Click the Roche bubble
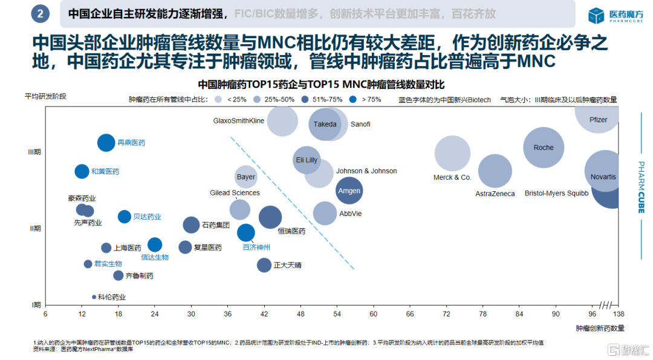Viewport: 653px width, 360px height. click(x=544, y=148)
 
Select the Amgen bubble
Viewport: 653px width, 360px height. click(x=349, y=191)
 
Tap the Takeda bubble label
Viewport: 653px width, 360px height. click(x=325, y=125)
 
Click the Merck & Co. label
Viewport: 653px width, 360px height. click(x=452, y=177)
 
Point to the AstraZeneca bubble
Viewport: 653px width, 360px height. click(x=495, y=171)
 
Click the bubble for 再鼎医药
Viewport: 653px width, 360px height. click(x=106, y=143)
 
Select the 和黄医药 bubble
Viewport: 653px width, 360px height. click(x=82, y=171)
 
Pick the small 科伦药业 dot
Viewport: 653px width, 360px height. click(x=94, y=297)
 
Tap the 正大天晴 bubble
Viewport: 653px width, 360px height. click(x=264, y=265)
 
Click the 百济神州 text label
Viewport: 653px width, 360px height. click(x=256, y=247)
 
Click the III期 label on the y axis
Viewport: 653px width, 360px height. click(x=34, y=152)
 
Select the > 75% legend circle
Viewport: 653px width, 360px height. click(x=354, y=99)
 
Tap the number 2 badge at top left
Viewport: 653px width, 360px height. click(x=40, y=13)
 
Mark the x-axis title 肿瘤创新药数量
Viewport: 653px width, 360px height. click(x=600, y=328)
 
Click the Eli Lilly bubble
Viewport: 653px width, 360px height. click(x=307, y=160)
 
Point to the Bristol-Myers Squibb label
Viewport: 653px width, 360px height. click(x=556, y=194)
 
